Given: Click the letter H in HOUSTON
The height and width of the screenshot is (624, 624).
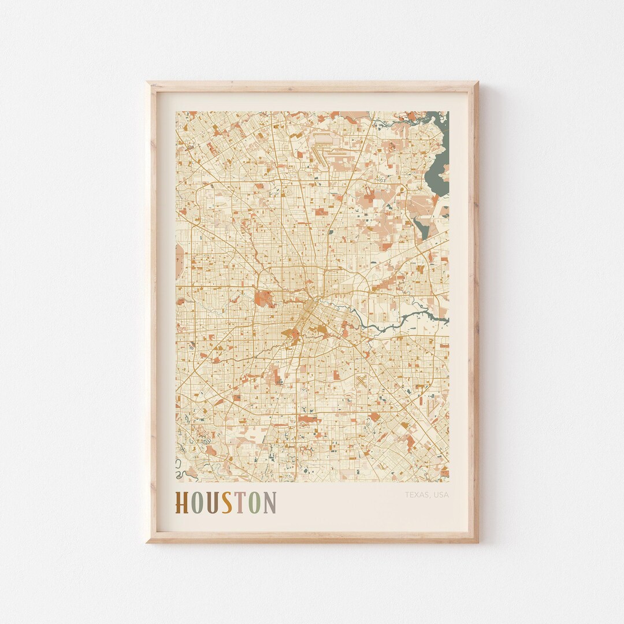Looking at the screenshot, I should pyautogui.click(x=182, y=503).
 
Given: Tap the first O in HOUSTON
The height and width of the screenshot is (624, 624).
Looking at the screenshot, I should pyautogui.click(x=197, y=503).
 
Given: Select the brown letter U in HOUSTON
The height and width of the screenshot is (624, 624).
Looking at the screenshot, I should pyautogui.click(x=212, y=503).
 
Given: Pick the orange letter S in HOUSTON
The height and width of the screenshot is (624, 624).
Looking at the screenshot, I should pyautogui.click(x=227, y=503).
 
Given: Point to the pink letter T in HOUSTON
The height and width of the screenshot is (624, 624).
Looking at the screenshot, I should pyautogui.click(x=241, y=503).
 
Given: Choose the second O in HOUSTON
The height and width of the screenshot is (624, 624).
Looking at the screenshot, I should pyautogui.click(x=255, y=503).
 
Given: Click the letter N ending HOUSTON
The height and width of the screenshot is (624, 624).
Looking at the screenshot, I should pyautogui.click(x=270, y=503).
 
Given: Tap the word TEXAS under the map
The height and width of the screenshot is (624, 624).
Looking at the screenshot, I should pyautogui.click(x=416, y=495).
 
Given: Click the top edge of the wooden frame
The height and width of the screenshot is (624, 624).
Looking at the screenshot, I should pyautogui.click(x=312, y=87).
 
